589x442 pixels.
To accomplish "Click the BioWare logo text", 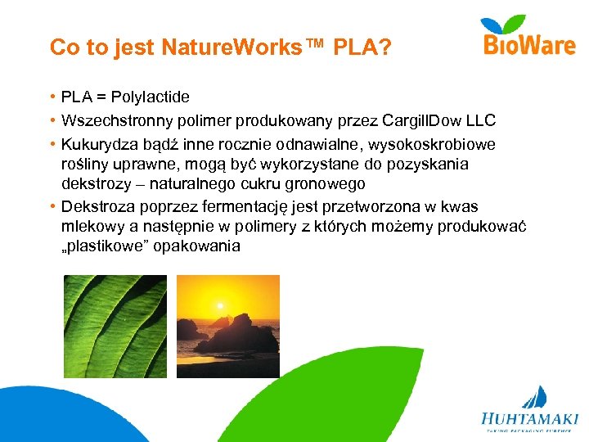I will click(529, 45).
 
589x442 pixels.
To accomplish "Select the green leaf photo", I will click(115, 326).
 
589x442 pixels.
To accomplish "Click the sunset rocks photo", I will click(228, 326).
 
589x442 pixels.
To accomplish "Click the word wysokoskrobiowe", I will click(433, 145).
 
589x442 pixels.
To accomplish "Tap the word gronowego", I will click(321, 184).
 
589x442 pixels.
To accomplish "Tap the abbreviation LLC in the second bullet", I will click(480, 121).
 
